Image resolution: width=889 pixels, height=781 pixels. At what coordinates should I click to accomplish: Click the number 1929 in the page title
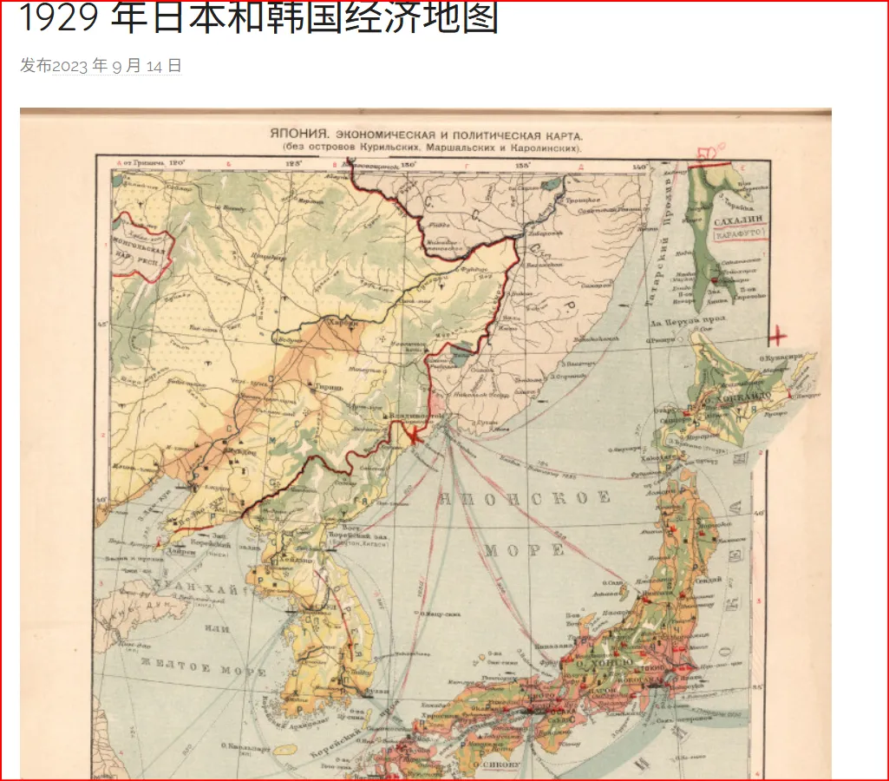point(59,19)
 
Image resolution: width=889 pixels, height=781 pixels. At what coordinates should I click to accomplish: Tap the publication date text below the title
point(101,66)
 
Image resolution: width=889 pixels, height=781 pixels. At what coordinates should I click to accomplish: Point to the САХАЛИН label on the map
point(736,221)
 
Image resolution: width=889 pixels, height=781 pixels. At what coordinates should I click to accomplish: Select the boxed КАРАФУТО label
point(736,234)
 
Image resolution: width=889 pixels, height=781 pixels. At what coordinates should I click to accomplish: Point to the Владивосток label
point(412,417)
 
